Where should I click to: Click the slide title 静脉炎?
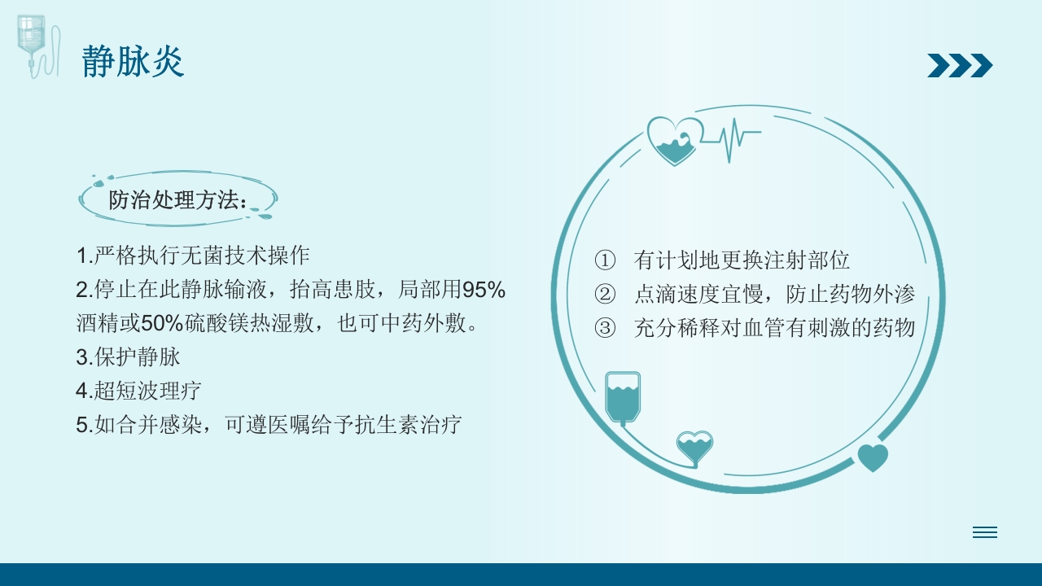133,62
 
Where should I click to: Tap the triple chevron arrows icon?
960,65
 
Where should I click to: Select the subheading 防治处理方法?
177,200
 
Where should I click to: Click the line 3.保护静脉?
128,356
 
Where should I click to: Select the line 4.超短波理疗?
138,391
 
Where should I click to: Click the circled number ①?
605,260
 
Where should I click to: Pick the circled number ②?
605,295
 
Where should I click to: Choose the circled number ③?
605,328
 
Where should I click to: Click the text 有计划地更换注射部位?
742,260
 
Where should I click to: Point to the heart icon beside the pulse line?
675,141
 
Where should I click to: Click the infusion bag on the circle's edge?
623,396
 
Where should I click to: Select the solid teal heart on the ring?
873,457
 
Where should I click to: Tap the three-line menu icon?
984,532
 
